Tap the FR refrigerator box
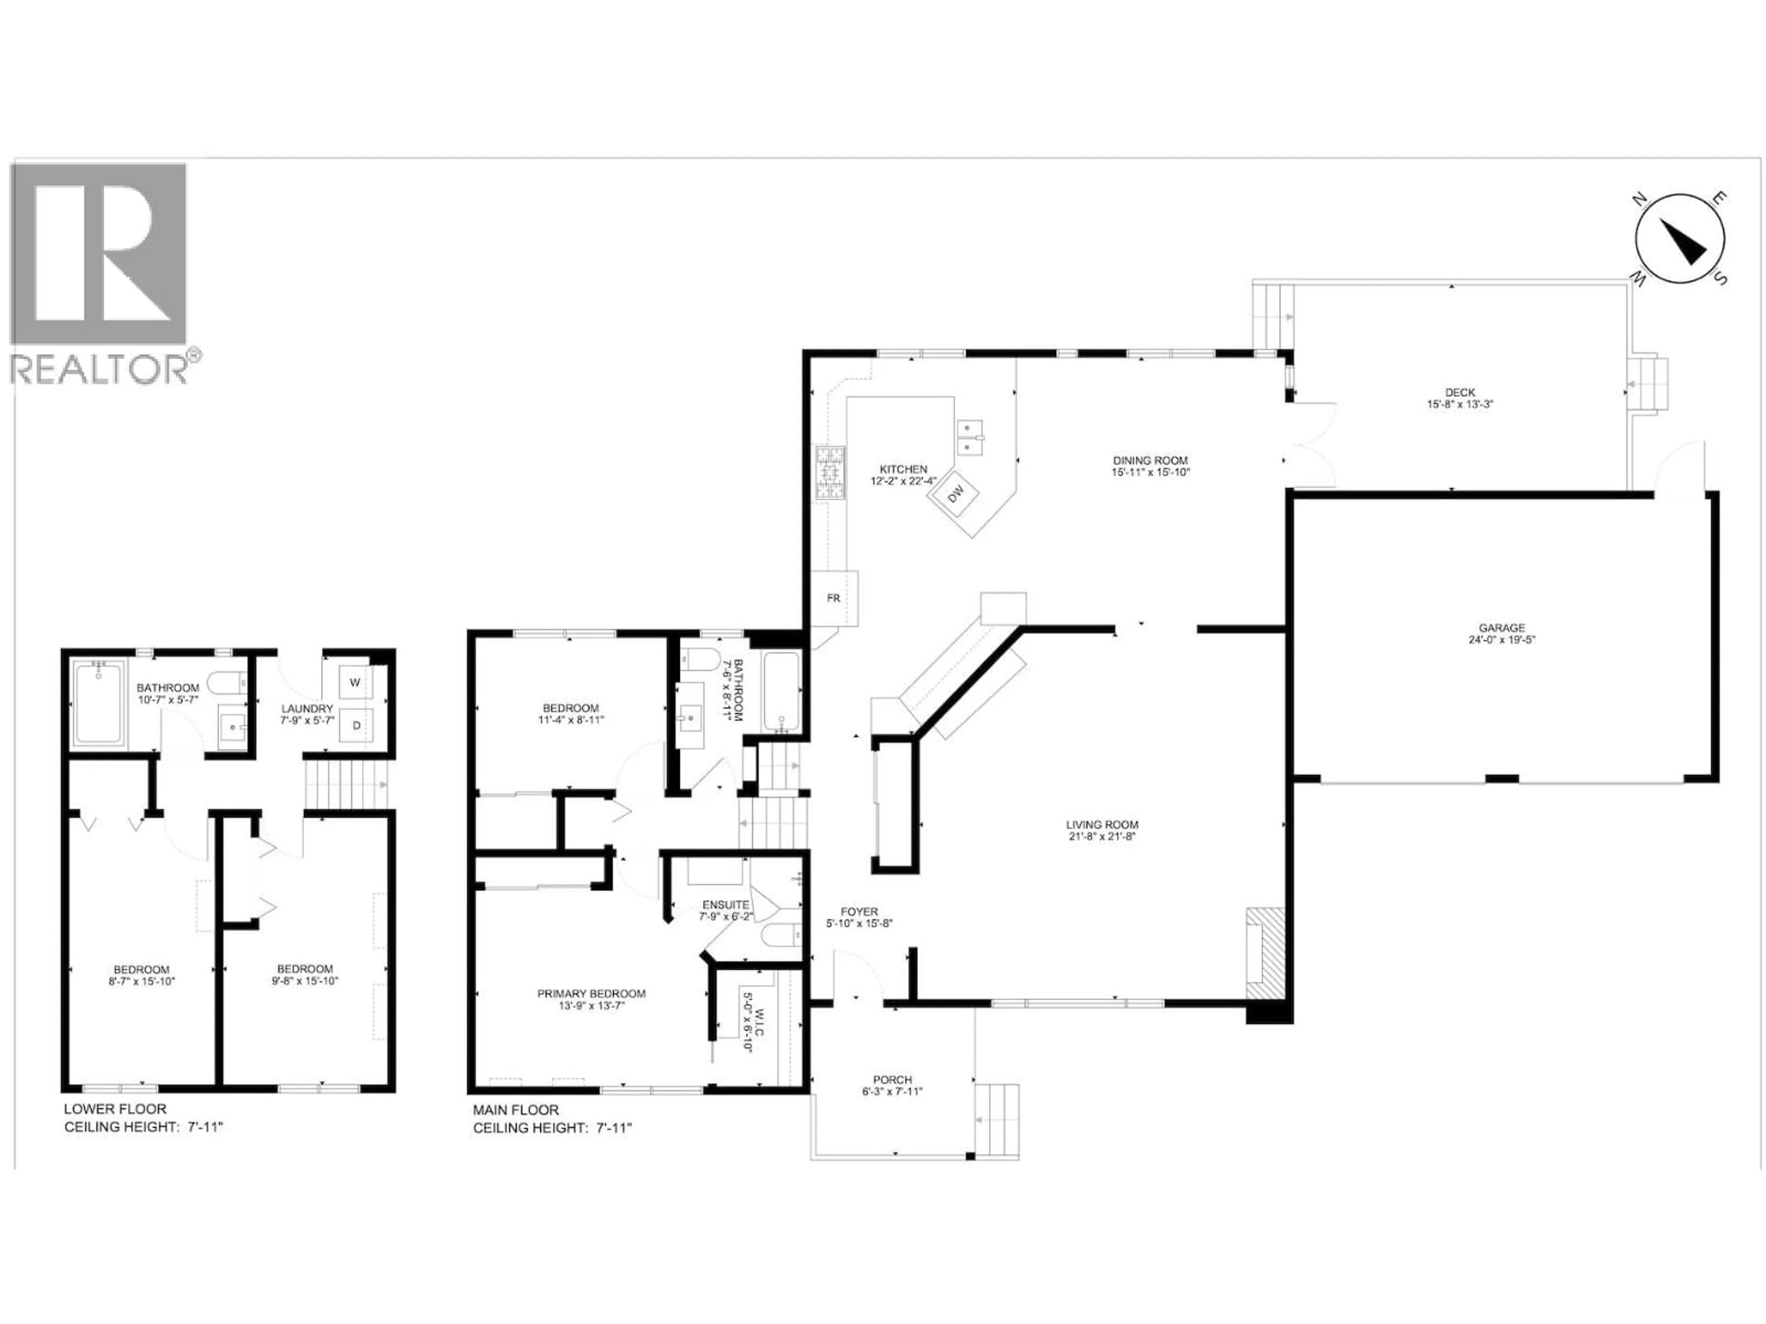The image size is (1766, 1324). pyautogui.click(x=833, y=598)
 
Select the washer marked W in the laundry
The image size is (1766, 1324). pyautogui.click(x=355, y=682)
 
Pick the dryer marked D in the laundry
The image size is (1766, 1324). pyautogui.click(x=356, y=725)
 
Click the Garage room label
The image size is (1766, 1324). pyautogui.click(x=1501, y=628)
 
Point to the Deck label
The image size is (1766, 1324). pyautogui.click(x=1459, y=392)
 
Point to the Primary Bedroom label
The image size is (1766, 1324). pyautogui.click(x=591, y=993)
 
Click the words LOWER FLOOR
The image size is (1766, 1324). pyautogui.click(x=115, y=1108)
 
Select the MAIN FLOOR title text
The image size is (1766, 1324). pyautogui.click(x=516, y=1109)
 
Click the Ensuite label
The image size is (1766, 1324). pyautogui.click(x=725, y=904)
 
